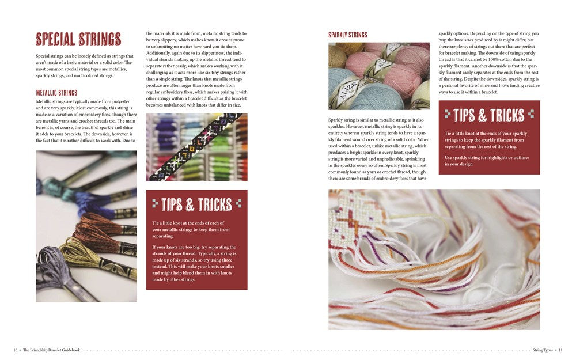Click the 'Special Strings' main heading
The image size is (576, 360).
pyautogui.click(x=78, y=39)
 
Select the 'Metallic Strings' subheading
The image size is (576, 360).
pyautogui.click(x=56, y=93)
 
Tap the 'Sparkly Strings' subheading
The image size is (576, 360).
pyautogui.click(x=348, y=35)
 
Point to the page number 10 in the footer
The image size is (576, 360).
pyautogui.click(x=16, y=350)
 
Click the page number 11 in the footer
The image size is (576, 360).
pyautogui.click(x=560, y=350)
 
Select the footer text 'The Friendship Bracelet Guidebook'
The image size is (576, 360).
pyautogui.click(x=51, y=350)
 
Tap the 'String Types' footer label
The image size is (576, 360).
pyautogui.click(x=543, y=350)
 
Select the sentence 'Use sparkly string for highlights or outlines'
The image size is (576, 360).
pyautogui.click(x=487, y=157)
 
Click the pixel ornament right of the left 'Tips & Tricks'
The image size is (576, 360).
pyautogui.click(x=238, y=204)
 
